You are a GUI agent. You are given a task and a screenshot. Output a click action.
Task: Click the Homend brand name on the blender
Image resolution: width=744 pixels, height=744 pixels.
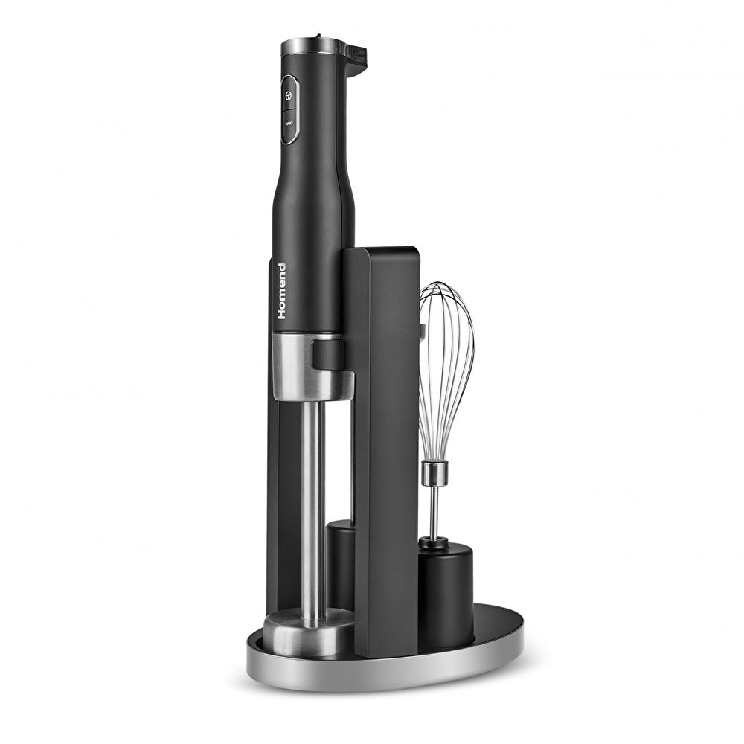tap(282, 291)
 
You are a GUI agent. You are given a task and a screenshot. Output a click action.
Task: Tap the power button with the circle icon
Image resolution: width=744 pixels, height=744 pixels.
tap(289, 95)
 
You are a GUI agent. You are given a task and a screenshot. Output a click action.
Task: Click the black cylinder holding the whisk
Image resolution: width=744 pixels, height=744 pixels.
tap(446, 593)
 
